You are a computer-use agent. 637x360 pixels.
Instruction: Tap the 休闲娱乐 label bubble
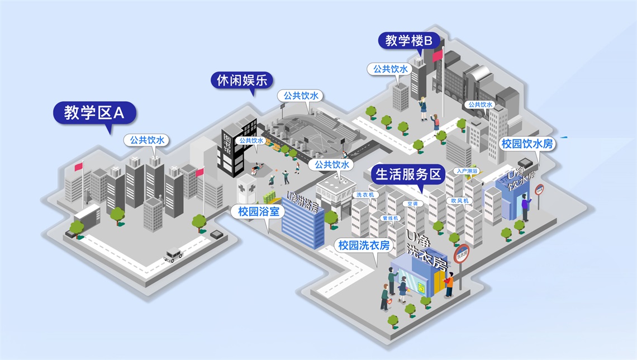coord(242,80)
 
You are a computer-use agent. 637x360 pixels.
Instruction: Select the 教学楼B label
coord(409,40)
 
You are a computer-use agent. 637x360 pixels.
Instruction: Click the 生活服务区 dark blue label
coord(408,174)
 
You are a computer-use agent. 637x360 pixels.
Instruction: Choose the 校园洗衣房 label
coord(364,245)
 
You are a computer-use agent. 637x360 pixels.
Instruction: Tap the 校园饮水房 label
coord(527,144)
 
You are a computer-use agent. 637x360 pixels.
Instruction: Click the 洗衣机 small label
coord(367,195)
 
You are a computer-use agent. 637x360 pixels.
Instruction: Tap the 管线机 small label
coord(389,217)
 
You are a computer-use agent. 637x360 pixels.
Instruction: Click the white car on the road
coord(173,256)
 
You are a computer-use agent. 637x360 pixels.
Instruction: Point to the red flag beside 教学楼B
coord(438,55)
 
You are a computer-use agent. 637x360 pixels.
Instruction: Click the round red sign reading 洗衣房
coord(462,254)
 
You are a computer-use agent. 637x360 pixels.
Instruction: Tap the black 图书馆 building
coord(230,150)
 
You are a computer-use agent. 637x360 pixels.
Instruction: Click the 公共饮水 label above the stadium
coord(301,96)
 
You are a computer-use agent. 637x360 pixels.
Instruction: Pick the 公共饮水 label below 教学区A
coord(148,140)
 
